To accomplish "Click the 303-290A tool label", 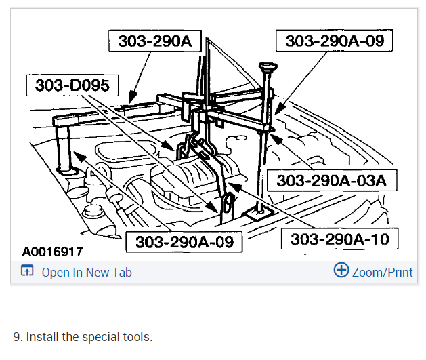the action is click(155, 41).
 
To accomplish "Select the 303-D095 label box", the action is click(72, 85).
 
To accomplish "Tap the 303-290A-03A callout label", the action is click(332, 180).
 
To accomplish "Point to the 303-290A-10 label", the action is click(339, 239).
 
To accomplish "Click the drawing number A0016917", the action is click(52, 252).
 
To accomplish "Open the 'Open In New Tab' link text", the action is click(87, 272).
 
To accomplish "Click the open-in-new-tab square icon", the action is click(27, 271).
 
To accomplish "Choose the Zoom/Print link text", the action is click(382, 272).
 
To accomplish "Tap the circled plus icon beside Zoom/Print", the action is click(341, 270).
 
